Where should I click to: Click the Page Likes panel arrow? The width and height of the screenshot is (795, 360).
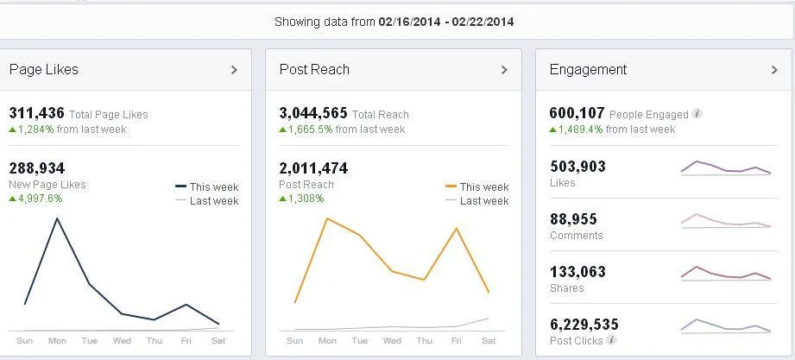tap(234, 70)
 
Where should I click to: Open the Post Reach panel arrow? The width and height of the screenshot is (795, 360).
tap(504, 70)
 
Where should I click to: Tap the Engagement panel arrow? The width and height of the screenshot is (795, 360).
tap(774, 70)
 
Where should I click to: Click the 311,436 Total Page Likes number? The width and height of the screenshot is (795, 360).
tap(36, 113)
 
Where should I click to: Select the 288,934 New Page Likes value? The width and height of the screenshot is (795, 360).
tap(36, 168)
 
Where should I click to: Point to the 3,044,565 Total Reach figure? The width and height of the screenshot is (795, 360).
tap(313, 113)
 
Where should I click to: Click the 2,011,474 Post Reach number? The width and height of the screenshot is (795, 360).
tap(313, 168)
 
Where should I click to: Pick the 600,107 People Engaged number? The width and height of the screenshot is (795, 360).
tap(577, 113)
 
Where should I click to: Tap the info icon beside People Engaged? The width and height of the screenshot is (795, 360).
tap(697, 114)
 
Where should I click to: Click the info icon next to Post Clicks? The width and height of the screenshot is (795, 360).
tap(612, 340)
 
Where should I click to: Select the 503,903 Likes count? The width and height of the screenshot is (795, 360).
tap(577, 167)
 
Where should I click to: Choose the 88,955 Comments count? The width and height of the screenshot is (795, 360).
tap(573, 219)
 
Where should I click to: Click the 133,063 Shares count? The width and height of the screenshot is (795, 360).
tap(577, 272)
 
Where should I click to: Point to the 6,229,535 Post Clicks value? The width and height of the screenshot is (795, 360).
tap(584, 325)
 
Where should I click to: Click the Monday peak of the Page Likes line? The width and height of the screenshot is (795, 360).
tap(57, 218)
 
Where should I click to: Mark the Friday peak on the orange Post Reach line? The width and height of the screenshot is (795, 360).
tap(456, 228)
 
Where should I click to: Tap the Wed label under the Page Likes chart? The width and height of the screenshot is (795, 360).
tap(122, 341)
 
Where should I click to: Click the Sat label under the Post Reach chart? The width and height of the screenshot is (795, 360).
tap(489, 341)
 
